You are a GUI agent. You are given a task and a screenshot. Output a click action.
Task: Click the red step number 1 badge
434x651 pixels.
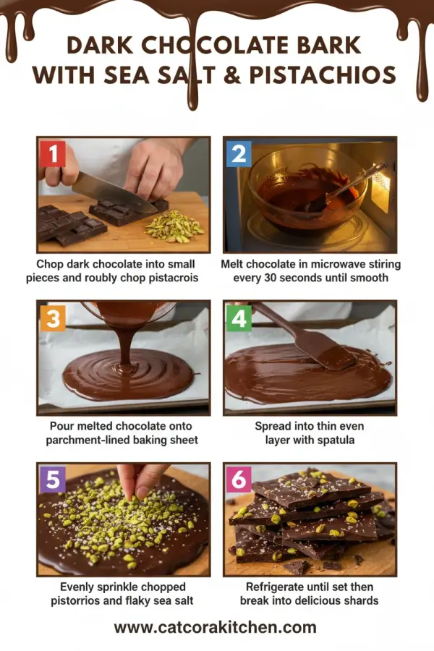[53, 153]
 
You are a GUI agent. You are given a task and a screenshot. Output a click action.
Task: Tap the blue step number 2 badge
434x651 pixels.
[239, 153]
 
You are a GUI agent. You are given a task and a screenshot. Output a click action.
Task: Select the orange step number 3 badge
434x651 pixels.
[53, 318]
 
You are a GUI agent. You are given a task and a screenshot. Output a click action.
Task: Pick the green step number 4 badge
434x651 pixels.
[239, 318]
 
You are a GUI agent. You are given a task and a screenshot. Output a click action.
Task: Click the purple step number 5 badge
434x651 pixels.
[53, 480]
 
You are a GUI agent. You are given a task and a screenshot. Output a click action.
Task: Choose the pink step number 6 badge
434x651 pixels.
[239, 480]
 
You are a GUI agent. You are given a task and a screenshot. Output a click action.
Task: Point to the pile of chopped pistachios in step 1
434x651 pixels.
[174, 226]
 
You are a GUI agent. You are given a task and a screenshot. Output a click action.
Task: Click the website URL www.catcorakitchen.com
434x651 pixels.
[215, 627]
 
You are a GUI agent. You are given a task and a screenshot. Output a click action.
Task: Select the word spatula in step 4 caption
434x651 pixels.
[330, 440]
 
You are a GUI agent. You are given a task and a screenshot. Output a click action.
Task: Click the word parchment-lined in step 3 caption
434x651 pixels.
[88, 440]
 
